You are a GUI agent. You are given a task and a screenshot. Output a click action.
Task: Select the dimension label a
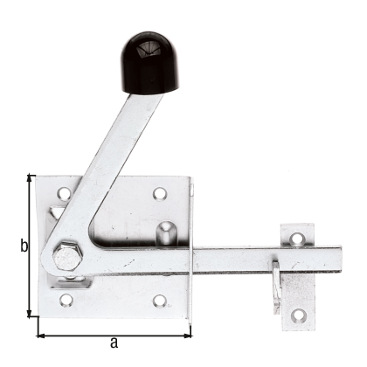114,343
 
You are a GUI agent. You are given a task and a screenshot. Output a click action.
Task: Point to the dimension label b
24,247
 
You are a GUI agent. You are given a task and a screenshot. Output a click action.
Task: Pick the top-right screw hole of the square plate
159,193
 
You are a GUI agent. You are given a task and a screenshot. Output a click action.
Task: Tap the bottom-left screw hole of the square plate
64,300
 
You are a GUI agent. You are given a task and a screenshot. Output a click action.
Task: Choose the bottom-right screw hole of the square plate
159,301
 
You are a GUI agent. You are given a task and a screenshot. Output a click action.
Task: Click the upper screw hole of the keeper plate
297,238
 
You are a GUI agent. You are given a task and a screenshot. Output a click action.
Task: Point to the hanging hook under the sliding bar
277,285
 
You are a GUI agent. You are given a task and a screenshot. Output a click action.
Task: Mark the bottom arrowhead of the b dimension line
32,315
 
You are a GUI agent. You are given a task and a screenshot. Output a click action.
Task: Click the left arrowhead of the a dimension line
41,334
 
